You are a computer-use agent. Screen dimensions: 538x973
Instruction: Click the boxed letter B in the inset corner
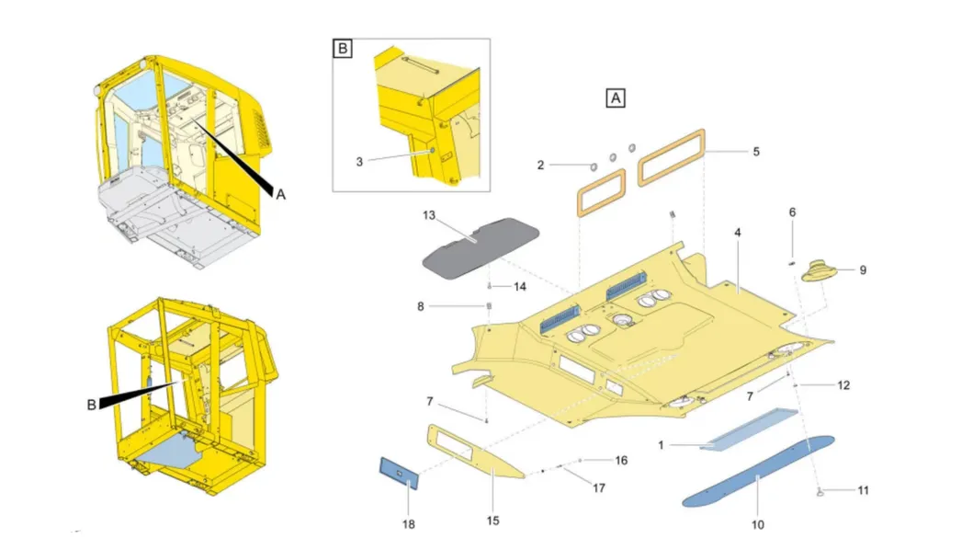click(x=342, y=49)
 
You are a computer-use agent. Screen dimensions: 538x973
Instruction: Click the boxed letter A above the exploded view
click(x=615, y=97)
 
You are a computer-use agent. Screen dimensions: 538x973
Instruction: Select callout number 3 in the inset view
click(x=360, y=161)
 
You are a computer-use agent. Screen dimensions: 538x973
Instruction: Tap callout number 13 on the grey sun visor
click(x=428, y=217)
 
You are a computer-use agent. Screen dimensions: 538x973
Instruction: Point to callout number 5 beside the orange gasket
click(x=755, y=151)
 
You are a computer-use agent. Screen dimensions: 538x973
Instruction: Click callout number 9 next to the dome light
click(x=863, y=270)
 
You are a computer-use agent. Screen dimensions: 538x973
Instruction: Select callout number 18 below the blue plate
click(x=408, y=522)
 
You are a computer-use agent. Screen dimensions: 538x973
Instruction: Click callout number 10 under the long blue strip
click(x=757, y=524)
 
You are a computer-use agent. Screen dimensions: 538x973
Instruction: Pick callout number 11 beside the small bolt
click(x=863, y=491)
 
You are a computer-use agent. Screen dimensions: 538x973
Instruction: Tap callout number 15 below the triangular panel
click(x=493, y=521)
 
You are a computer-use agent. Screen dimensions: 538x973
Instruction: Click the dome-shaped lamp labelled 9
click(x=819, y=271)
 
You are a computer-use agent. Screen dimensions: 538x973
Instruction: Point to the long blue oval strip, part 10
click(x=758, y=471)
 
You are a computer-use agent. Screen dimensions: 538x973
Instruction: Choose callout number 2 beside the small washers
click(x=541, y=166)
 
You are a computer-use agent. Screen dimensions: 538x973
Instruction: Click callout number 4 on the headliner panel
click(x=737, y=235)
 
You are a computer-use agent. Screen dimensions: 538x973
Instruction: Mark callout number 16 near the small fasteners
click(x=621, y=460)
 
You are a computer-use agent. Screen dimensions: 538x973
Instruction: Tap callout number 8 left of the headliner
click(x=420, y=305)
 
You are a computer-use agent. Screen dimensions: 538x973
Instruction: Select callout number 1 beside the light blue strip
click(x=660, y=445)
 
